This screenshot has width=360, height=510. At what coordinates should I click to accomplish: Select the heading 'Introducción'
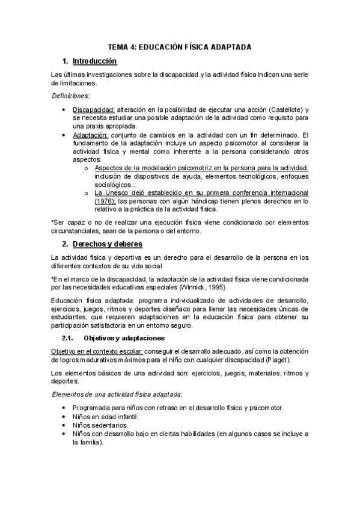click(94, 61)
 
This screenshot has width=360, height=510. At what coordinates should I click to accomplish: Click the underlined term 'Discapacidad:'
click(94, 109)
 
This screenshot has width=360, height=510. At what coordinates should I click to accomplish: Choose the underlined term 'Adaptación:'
click(91, 135)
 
